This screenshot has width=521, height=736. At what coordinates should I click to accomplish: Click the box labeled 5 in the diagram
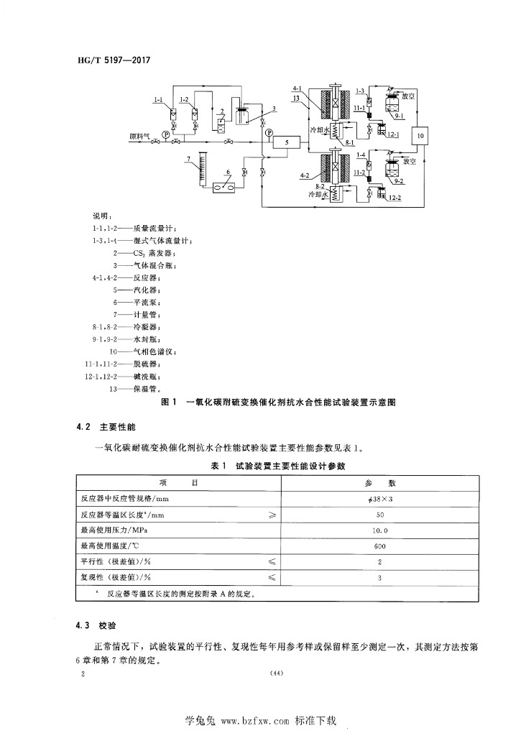click(x=287, y=143)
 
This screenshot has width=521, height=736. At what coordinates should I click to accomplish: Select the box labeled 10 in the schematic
click(x=421, y=135)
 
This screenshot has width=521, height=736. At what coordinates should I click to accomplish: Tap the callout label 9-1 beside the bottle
click(x=399, y=115)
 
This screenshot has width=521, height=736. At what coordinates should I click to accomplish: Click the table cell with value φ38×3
click(x=380, y=500)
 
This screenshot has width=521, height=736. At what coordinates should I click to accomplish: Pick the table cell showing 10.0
click(x=380, y=530)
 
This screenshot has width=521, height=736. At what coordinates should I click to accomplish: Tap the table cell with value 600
click(x=380, y=546)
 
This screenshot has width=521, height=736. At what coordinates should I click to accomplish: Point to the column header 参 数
click(x=380, y=483)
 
